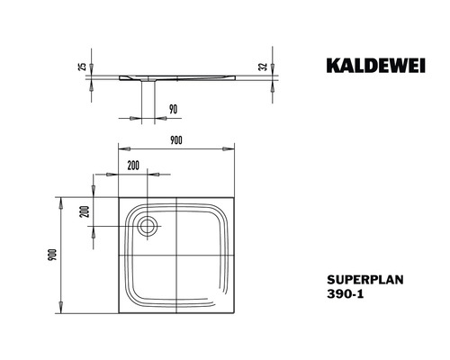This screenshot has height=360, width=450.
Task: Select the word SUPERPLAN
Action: [357, 279]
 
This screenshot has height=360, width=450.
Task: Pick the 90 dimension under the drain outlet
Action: [172, 108]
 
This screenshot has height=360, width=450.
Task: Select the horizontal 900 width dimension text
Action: [176, 139]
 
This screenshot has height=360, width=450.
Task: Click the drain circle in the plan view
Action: [147, 225]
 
